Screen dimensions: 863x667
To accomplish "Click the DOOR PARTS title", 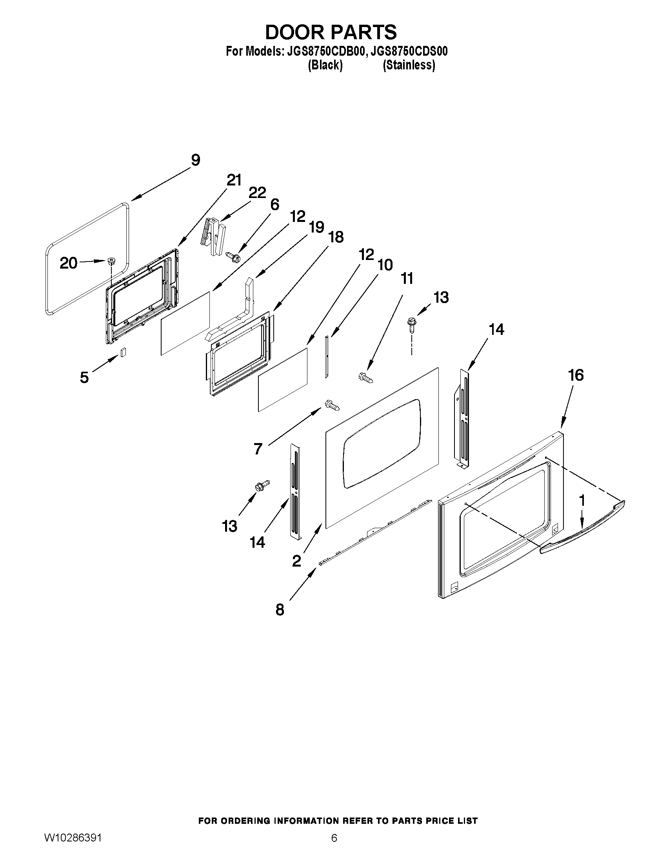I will (331, 32).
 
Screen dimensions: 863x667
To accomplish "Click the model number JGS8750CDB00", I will (322, 51).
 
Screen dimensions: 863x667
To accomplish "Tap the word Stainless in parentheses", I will (409, 65).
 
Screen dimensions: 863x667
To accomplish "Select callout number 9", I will (195, 160).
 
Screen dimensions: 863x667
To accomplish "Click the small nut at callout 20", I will (111, 261).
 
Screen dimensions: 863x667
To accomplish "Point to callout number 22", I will (257, 193).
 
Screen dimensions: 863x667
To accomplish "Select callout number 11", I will (407, 278).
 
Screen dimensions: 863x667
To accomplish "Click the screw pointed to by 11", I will (365, 377).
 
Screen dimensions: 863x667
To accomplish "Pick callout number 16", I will (576, 375).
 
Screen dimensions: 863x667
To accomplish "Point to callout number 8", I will (280, 610).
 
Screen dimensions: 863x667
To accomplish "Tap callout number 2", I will (296, 561).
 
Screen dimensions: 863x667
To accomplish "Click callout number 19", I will (316, 227).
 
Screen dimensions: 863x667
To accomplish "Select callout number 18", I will (336, 237).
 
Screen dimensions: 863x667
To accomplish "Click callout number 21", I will (234, 180).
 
